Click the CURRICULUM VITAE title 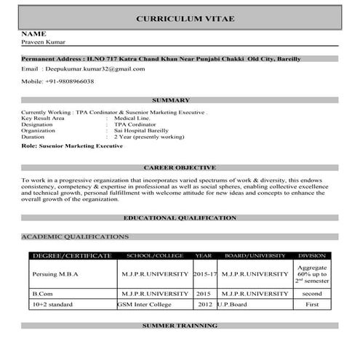[x=185, y=19]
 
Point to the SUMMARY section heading [x=172, y=100]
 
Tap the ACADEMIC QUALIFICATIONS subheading [x=75, y=236]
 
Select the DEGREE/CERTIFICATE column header [x=71, y=256]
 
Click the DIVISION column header [x=312, y=256]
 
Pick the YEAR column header [x=204, y=256]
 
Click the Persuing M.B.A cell [x=55, y=273]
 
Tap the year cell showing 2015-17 [x=205, y=273]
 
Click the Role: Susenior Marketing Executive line [x=73, y=146]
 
